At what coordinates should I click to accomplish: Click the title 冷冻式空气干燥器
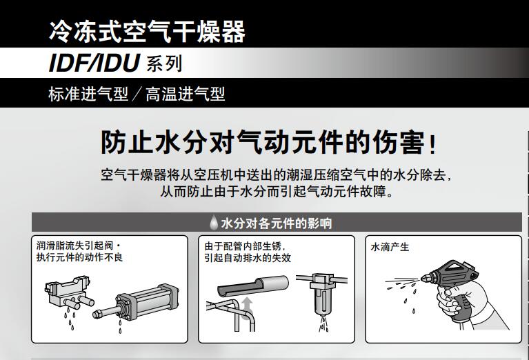click(147, 31)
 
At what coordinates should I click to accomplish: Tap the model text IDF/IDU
click(94, 63)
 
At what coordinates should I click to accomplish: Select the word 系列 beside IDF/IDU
click(164, 65)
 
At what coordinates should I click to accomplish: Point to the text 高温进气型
click(185, 94)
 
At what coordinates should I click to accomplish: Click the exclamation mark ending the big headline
click(432, 144)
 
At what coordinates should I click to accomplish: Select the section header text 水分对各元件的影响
click(277, 223)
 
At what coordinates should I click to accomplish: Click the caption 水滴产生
click(390, 246)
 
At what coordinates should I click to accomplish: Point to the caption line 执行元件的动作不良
click(79, 258)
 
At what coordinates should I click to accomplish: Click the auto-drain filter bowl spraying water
click(321, 297)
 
